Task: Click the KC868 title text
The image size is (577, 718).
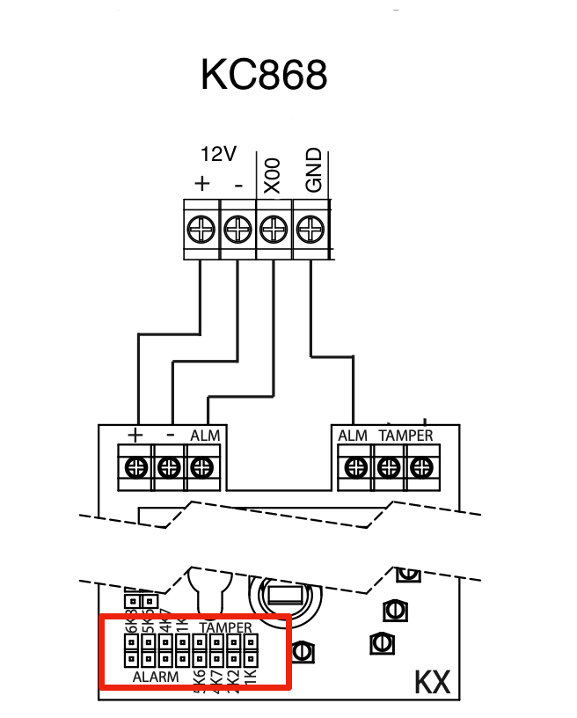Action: click(x=264, y=75)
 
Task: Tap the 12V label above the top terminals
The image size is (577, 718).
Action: click(x=218, y=155)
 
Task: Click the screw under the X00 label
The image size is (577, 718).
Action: click(x=273, y=231)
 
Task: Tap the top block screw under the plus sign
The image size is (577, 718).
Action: click(x=201, y=231)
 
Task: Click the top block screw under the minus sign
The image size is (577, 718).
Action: click(x=237, y=231)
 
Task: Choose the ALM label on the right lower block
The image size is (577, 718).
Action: click(x=353, y=436)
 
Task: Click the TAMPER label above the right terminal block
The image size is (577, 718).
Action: click(x=405, y=436)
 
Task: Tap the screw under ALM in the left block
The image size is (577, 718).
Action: click(x=202, y=467)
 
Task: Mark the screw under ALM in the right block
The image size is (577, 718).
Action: click(x=354, y=467)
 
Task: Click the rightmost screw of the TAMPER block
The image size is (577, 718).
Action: click(x=420, y=467)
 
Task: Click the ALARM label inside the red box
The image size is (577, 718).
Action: click(x=156, y=678)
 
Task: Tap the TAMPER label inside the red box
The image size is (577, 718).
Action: click(x=226, y=628)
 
